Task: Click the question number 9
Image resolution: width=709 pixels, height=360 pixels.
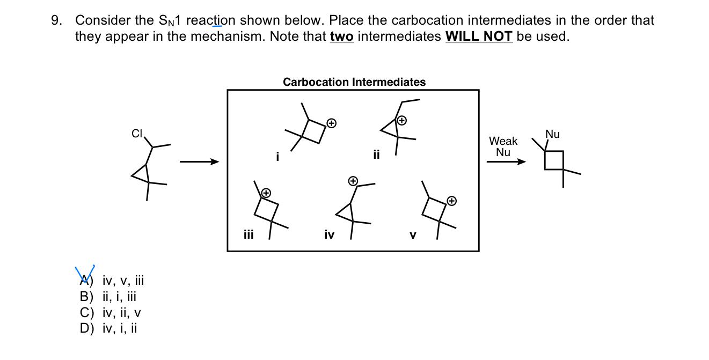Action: click(55, 21)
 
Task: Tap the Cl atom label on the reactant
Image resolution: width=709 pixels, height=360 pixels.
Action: click(137, 134)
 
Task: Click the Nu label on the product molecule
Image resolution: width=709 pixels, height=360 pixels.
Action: click(552, 134)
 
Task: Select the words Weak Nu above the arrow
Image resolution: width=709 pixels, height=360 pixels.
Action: click(503, 146)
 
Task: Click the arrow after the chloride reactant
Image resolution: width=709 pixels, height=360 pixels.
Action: click(199, 161)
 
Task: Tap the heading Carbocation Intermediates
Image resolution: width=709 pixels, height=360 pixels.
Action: click(354, 82)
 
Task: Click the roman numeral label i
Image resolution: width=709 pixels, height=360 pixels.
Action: click(277, 157)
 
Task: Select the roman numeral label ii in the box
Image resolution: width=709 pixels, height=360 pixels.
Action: click(376, 155)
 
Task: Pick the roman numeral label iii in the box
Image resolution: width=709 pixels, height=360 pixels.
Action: click(248, 234)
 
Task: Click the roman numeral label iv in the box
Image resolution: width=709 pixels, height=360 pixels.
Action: click(330, 234)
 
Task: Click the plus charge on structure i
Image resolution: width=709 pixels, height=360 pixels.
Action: click(332, 123)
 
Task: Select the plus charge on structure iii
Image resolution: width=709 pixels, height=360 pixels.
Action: click(265, 192)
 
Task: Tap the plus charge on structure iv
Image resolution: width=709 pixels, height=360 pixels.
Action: click(353, 181)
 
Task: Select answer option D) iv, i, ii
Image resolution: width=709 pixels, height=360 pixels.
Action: click(108, 328)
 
